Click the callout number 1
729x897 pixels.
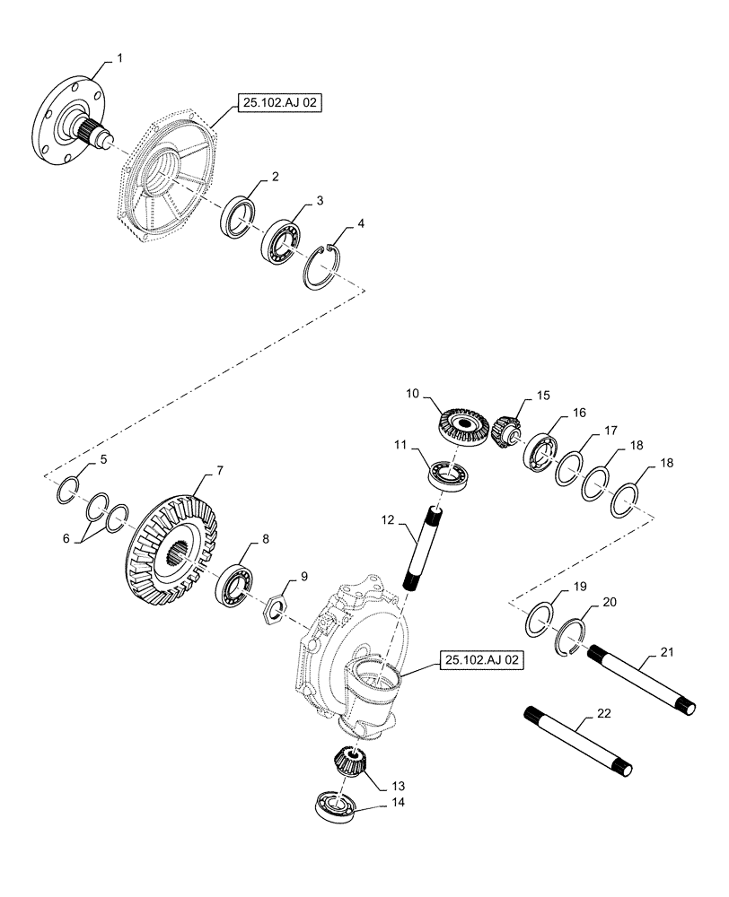[120, 57]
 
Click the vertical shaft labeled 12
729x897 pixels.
[421, 553]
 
